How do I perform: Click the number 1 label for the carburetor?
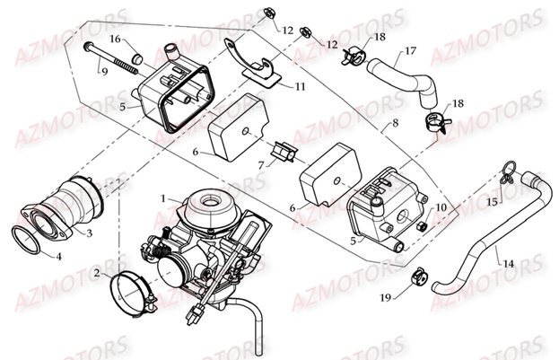pyautogui.click(x=162, y=197)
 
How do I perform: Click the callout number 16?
pyautogui.click(x=115, y=40)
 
